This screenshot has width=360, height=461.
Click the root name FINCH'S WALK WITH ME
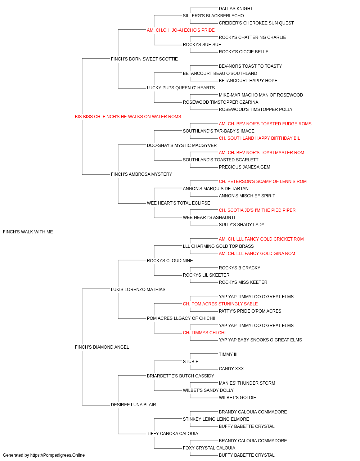point(28,232)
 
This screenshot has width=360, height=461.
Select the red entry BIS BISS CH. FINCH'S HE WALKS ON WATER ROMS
point(128,117)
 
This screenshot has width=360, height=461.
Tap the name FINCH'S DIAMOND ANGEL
point(102,347)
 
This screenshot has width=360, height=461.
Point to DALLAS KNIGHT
point(236,9)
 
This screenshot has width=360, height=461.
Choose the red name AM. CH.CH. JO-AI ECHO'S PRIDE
point(181,30)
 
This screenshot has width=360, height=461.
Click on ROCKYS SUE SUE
point(202,45)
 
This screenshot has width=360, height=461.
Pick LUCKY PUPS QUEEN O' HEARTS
point(181,88)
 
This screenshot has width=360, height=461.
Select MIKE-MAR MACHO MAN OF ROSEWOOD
point(261,95)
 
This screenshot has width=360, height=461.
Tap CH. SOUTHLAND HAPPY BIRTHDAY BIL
point(259,138)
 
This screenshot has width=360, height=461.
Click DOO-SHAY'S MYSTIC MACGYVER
point(182,146)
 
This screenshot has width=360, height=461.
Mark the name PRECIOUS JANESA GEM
point(244,167)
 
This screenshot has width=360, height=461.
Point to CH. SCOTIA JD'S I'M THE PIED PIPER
point(257,210)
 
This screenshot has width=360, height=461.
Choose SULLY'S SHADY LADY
point(242,225)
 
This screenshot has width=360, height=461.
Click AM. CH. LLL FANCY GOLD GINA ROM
point(257,254)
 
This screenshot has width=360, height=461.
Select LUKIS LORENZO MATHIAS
point(138,290)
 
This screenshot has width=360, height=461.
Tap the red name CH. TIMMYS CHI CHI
point(204,333)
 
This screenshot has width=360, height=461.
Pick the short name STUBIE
point(190,362)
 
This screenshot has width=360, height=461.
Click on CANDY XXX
point(231,369)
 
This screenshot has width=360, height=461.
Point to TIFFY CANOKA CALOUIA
point(172,434)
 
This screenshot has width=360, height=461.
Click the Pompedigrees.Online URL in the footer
point(57,455)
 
